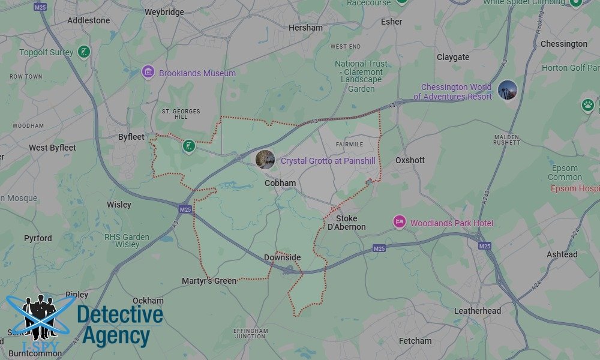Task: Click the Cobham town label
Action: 280,183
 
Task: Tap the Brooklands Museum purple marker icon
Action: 148,73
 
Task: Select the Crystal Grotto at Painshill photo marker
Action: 265,160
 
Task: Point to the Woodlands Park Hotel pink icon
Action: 399,223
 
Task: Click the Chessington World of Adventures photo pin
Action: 508,90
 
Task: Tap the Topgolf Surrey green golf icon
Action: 84,52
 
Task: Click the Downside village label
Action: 282,257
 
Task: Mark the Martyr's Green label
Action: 209,281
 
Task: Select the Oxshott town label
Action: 410,160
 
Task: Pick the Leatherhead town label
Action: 478,311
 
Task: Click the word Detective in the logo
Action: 120,315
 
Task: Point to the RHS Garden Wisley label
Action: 127,241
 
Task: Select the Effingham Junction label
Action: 251,333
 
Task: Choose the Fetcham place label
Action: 415,341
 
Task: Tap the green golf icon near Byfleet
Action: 189,145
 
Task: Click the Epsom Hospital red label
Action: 575,188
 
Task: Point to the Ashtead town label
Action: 562,254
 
